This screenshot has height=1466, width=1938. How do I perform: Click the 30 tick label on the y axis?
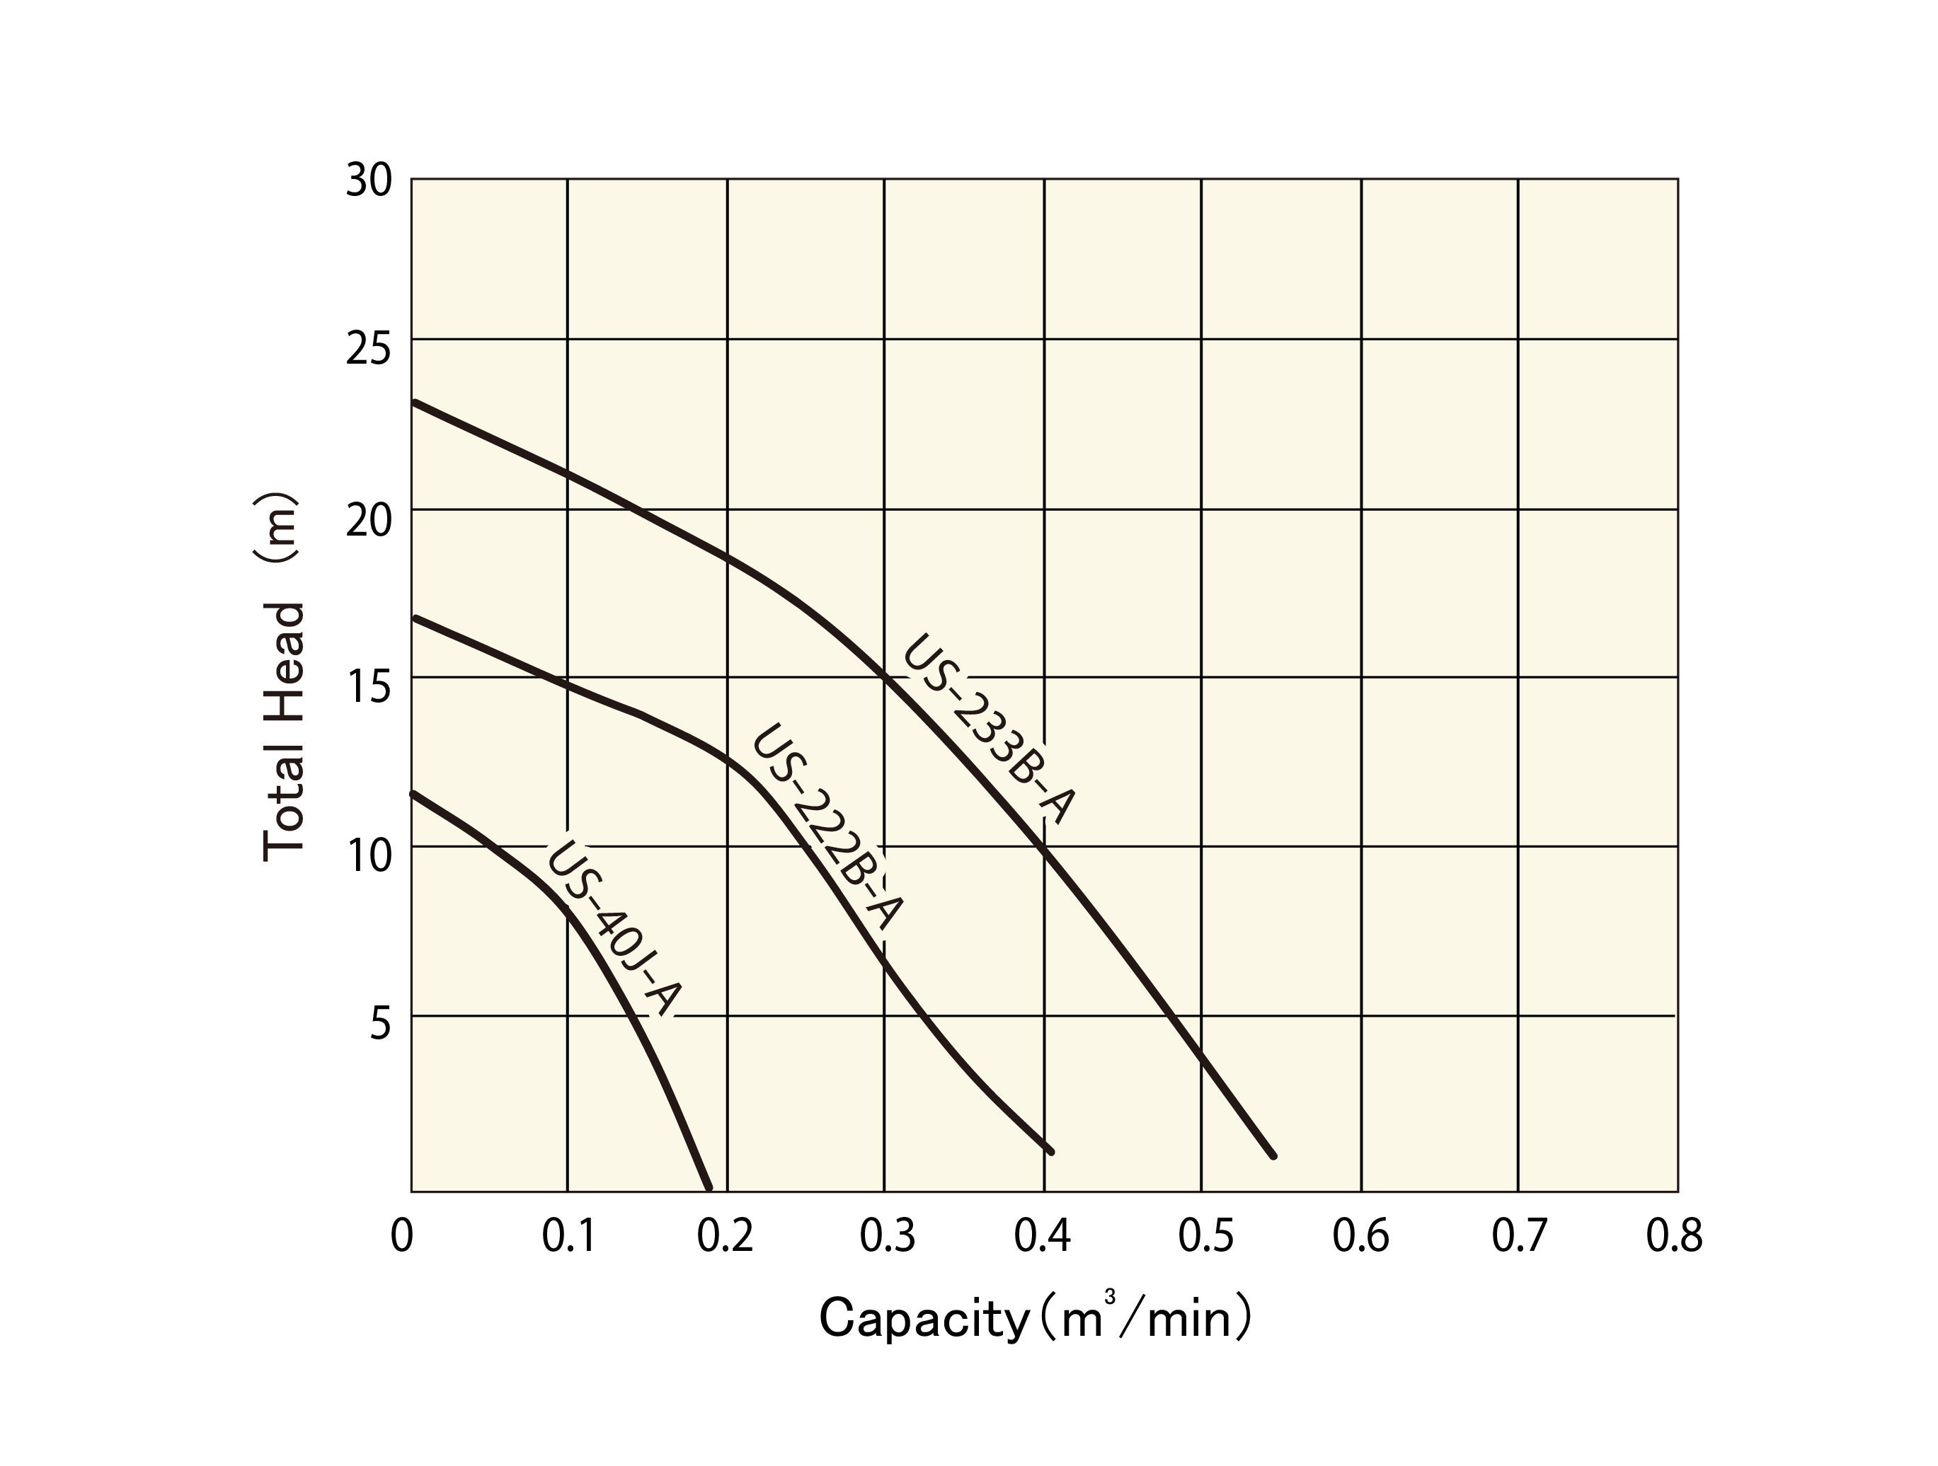(x=369, y=181)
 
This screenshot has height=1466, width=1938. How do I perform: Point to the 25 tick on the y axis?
(x=369, y=350)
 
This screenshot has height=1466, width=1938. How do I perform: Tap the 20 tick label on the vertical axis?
(x=369, y=520)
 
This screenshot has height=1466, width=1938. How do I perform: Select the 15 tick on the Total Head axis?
(x=369, y=688)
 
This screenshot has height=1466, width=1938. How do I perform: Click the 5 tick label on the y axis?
(x=380, y=1023)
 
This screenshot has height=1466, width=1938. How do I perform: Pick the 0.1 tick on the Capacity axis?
(x=568, y=1235)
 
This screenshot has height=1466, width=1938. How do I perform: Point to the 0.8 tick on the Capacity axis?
(x=1674, y=1235)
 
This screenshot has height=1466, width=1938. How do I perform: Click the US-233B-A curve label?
(x=987, y=729)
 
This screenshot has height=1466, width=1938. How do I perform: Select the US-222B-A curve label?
(x=825, y=828)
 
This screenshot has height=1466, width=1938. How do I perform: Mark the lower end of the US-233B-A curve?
(x=1273, y=1156)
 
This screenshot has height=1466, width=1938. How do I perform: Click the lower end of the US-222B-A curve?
(x=1050, y=1152)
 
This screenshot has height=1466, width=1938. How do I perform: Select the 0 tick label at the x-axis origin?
(x=402, y=1235)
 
